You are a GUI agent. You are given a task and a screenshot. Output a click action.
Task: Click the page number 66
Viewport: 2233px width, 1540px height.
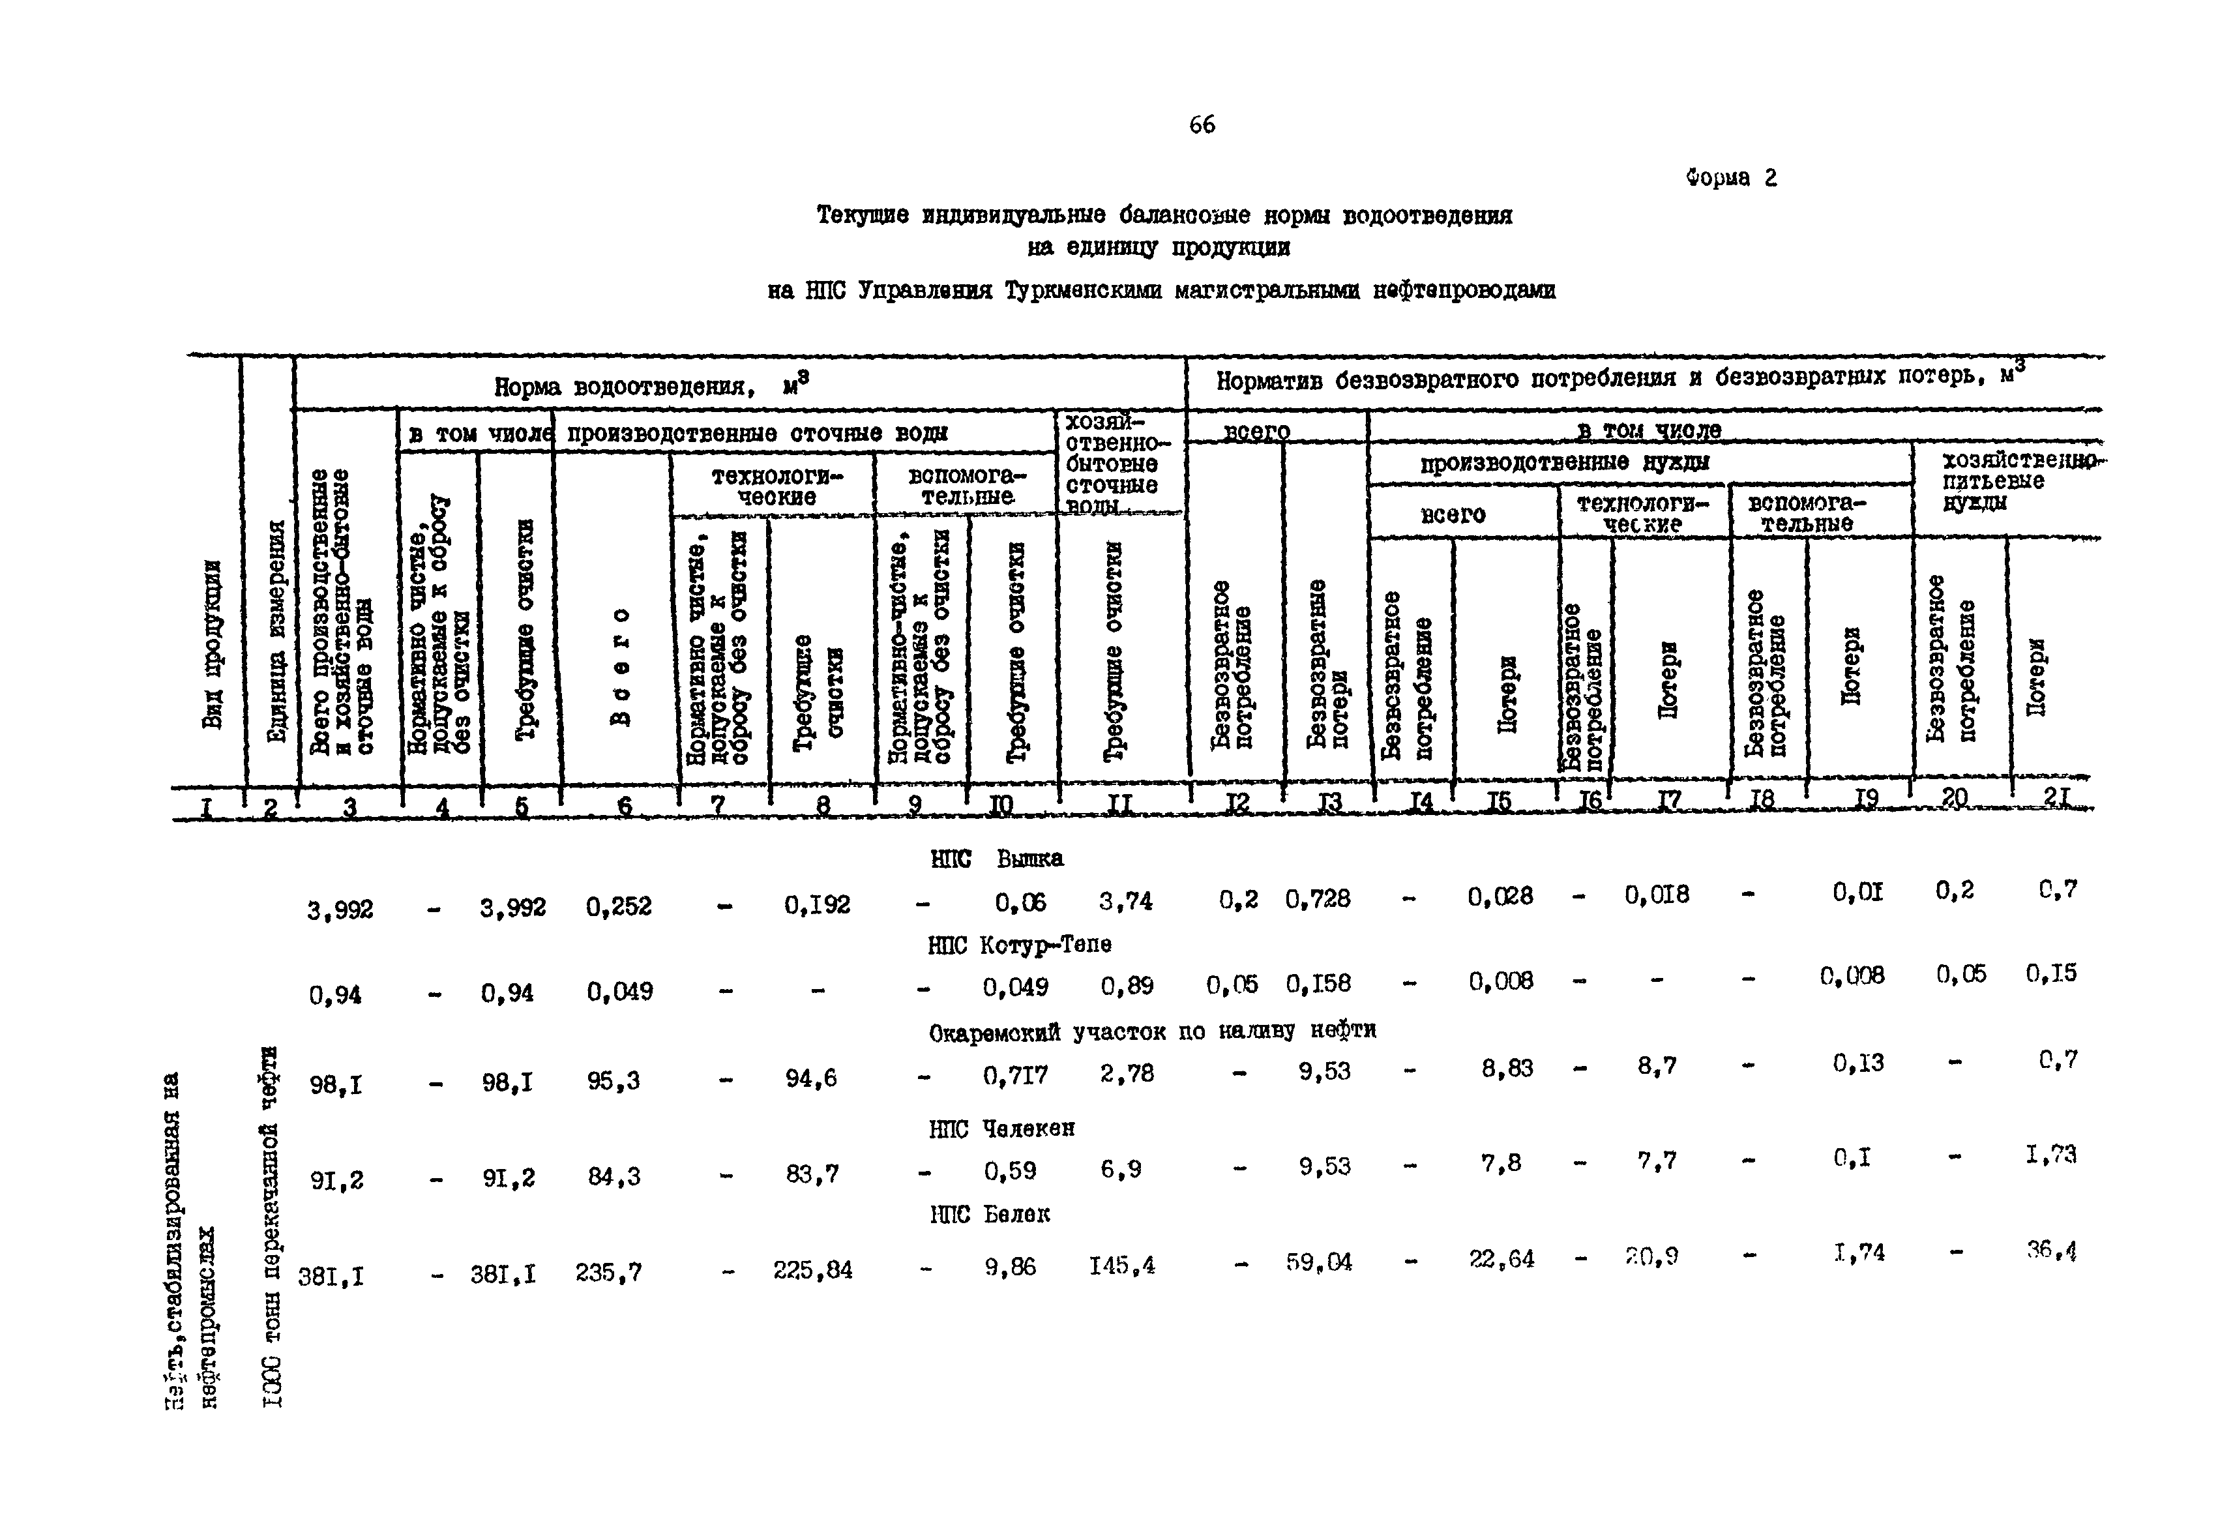click(x=1202, y=125)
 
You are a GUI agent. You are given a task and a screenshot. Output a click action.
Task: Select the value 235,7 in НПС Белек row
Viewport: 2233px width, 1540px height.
click(x=608, y=1273)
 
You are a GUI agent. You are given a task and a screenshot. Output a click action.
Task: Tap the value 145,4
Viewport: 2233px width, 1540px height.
click(x=1122, y=1265)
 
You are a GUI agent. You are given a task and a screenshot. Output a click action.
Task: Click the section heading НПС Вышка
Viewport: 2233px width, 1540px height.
click(x=997, y=859)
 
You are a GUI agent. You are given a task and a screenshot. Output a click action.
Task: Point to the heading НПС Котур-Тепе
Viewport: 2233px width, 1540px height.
click(x=1019, y=945)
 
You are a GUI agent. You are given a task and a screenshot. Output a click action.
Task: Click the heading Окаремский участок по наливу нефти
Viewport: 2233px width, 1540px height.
click(x=1152, y=1031)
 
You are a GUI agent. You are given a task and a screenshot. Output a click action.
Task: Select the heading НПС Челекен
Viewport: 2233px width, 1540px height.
click(x=1001, y=1127)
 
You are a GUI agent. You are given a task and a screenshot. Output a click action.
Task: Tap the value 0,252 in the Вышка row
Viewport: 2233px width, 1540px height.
click(x=619, y=906)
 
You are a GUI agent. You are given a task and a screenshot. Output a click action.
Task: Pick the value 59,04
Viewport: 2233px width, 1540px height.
click(x=1318, y=1262)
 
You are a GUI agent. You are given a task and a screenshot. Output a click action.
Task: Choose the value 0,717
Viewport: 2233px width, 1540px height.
click(x=1015, y=1074)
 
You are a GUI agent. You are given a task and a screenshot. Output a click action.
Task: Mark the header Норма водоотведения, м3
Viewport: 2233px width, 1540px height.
click(x=651, y=386)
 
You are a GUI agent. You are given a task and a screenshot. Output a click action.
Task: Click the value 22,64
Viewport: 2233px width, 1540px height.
click(x=1501, y=1259)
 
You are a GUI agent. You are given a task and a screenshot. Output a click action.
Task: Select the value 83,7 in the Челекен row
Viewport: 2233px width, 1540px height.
click(x=812, y=1174)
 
